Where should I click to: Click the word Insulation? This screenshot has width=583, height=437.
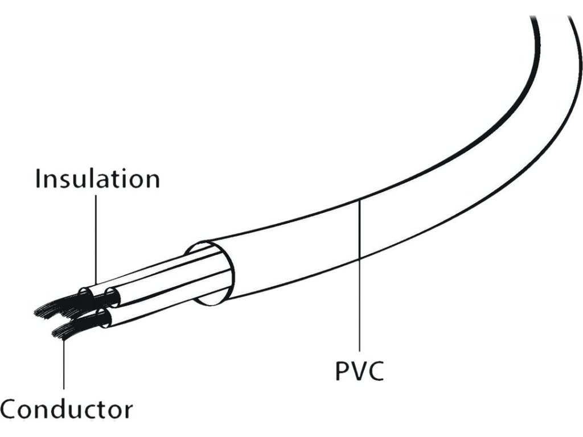pyautogui.click(x=97, y=179)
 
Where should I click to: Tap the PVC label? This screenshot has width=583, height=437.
pyautogui.click(x=359, y=370)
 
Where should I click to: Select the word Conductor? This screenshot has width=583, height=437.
pyautogui.click(x=67, y=409)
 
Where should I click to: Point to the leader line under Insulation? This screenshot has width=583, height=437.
pyautogui.click(x=97, y=239)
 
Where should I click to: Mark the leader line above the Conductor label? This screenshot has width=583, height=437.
pyautogui.click(x=64, y=364)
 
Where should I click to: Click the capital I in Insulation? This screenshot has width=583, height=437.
pyautogui.click(x=38, y=179)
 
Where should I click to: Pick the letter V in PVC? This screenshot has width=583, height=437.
pyautogui.click(x=358, y=370)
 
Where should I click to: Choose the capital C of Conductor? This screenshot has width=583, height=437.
pyautogui.click(x=10, y=409)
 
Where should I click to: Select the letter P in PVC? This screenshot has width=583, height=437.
pyautogui.click(x=341, y=370)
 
